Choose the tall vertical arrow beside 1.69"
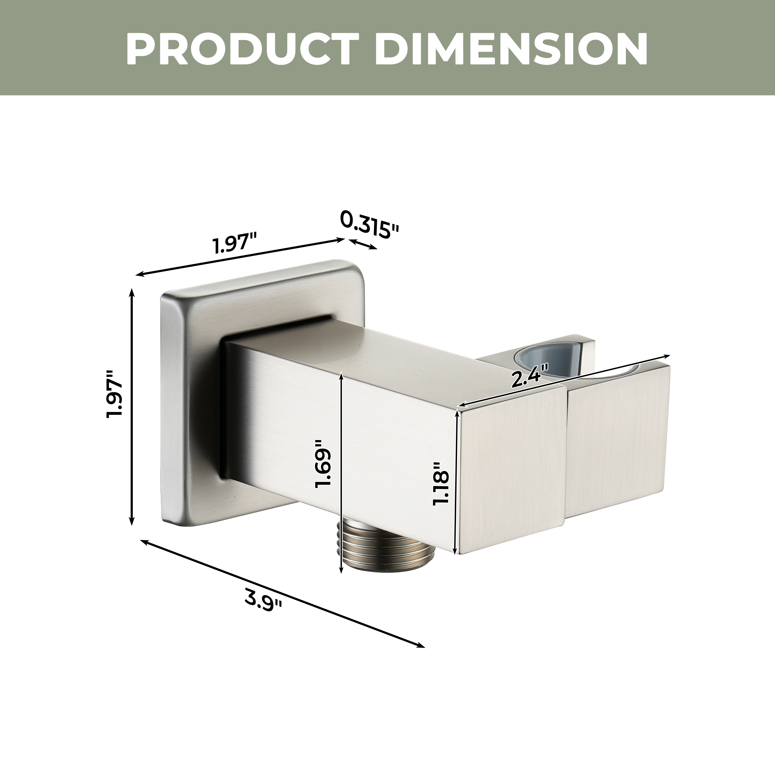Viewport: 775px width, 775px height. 341,473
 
